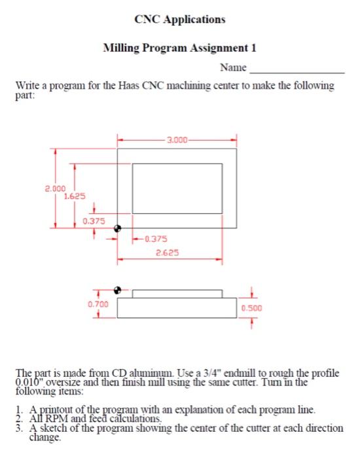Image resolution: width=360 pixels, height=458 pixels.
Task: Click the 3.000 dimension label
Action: [177, 139]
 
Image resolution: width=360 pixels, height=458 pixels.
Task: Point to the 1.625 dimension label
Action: [73, 195]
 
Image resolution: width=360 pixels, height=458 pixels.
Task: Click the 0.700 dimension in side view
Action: [98, 304]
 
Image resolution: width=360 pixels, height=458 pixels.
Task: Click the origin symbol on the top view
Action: [118, 228]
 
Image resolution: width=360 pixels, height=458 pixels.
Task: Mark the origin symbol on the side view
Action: [118, 289]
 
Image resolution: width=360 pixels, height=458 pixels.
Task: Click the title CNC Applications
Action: [179, 19]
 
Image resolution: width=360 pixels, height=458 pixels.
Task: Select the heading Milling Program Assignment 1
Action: [180, 48]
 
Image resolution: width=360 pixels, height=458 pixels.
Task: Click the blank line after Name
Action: [297, 70]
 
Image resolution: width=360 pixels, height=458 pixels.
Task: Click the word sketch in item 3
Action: [54, 428]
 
